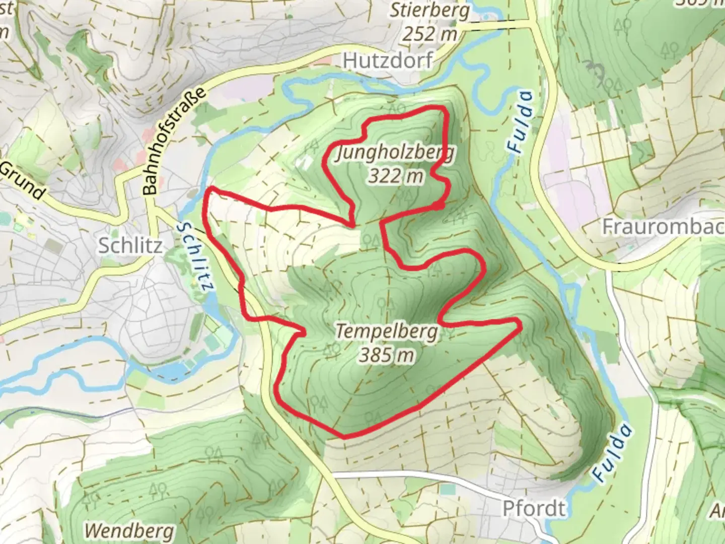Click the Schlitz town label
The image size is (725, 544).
130,245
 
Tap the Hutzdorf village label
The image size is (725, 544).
388,61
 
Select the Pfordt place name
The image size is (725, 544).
534,508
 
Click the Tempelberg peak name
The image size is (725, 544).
386,332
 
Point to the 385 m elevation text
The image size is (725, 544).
386,355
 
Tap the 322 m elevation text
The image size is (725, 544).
395,176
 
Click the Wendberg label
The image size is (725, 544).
129,530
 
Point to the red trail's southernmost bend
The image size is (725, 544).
344,437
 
